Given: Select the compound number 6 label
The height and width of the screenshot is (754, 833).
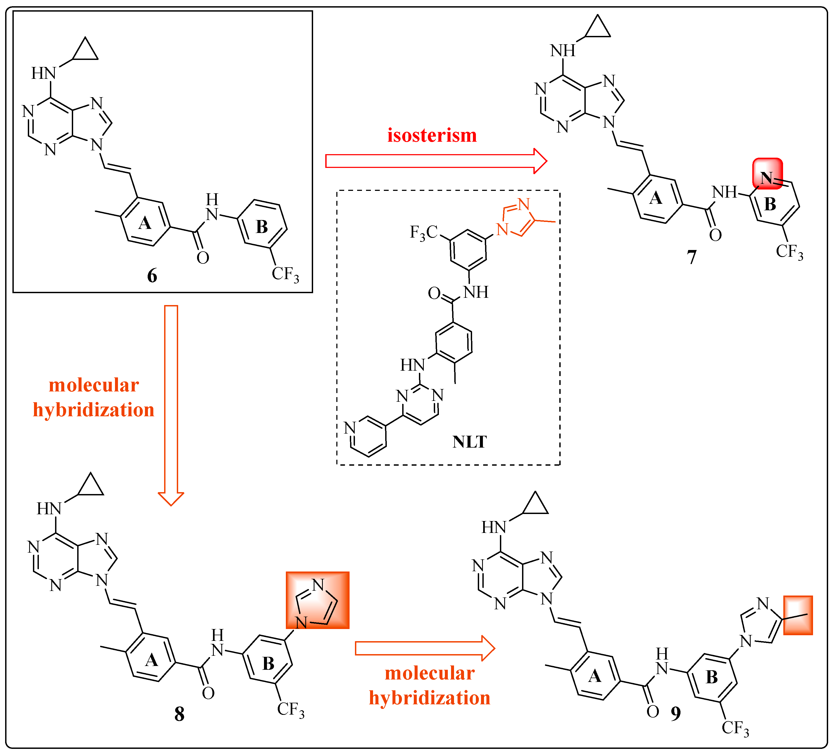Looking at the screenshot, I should pyautogui.click(x=152, y=276).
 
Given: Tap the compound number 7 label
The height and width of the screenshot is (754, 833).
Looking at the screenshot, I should pyautogui.click(x=692, y=257).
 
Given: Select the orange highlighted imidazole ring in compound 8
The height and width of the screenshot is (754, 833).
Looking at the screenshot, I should pyautogui.click(x=317, y=600).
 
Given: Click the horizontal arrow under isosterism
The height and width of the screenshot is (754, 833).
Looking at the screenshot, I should pyautogui.click(x=436, y=161).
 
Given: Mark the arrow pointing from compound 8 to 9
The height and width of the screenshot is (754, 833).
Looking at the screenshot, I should pyautogui.click(x=425, y=648).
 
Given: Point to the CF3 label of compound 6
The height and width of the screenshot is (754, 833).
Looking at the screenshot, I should pyautogui.click(x=285, y=274).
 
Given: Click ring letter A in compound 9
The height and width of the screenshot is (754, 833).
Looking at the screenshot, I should pyautogui.click(x=595, y=676).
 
